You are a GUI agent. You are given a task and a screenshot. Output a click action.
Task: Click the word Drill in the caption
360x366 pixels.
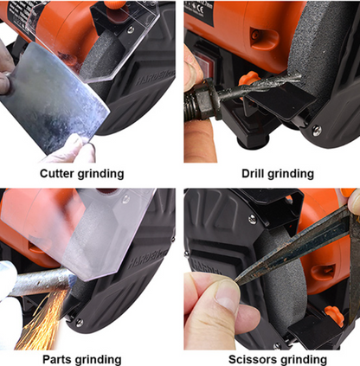pos(253,174)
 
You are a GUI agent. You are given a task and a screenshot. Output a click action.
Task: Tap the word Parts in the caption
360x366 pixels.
pos(57,360)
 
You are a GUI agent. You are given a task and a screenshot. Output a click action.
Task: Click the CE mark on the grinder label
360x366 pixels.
pos(199,10)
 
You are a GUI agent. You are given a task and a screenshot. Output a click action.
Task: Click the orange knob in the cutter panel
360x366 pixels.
pos(114,4)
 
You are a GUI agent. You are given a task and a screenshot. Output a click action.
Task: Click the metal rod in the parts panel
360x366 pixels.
pos(41,284)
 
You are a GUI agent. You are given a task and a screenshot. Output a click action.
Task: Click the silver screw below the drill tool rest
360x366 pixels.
pos(317,130)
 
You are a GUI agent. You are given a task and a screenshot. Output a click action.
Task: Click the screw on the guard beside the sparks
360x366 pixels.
pos(79,323)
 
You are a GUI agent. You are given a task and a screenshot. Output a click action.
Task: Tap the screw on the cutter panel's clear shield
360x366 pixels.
pos(131,29)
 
